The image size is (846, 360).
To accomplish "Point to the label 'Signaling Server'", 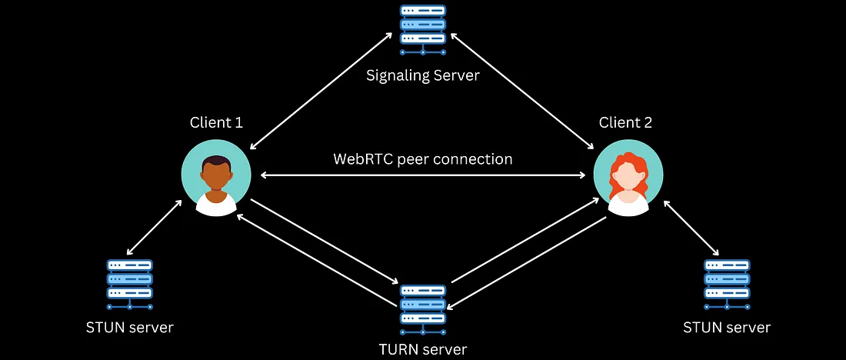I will [x=422, y=75].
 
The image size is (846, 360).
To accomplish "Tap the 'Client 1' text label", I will [x=216, y=123].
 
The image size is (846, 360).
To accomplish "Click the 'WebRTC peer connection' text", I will [x=422, y=159].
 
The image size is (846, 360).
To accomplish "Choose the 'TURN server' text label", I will [x=422, y=348].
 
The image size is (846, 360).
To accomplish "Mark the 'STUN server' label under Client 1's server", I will [x=129, y=328].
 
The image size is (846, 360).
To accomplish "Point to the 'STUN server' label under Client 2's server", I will [x=727, y=328].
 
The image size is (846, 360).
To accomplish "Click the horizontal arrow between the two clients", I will [x=422, y=176].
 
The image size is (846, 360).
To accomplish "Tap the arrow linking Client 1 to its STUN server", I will [x=155, y=228].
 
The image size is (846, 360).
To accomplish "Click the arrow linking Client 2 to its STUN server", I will [x=691, y=228].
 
